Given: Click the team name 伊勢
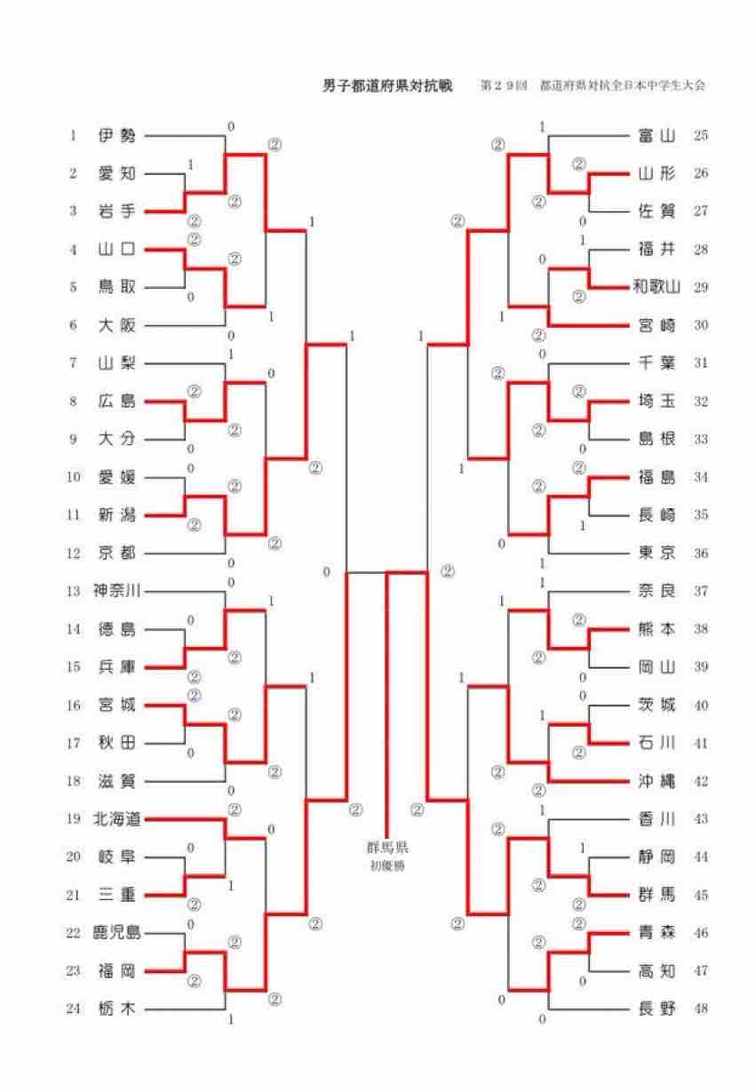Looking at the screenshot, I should pos(117,136).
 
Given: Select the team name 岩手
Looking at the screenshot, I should pos(117,211).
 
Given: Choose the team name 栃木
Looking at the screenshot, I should pos(117,1008).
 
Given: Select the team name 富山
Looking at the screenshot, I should pos(657,136).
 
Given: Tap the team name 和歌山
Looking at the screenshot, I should pos(657,287).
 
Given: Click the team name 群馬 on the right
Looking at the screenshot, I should pos(657,895).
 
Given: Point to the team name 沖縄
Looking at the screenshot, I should pos(657,781).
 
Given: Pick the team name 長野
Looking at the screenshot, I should pos(657,1008).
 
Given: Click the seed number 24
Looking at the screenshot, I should pos(73,1008).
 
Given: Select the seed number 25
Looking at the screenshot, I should pos(701,136).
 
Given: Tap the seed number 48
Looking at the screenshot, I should pos(701,1008).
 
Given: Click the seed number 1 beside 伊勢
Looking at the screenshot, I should pos(73,136).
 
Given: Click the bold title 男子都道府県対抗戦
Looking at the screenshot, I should pos(387,86).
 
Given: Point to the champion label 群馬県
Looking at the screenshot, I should pos(389,847).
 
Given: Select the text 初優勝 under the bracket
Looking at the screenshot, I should pos(389,865).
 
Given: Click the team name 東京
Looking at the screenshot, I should pos(657,553).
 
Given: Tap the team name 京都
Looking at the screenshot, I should pos(117,553).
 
